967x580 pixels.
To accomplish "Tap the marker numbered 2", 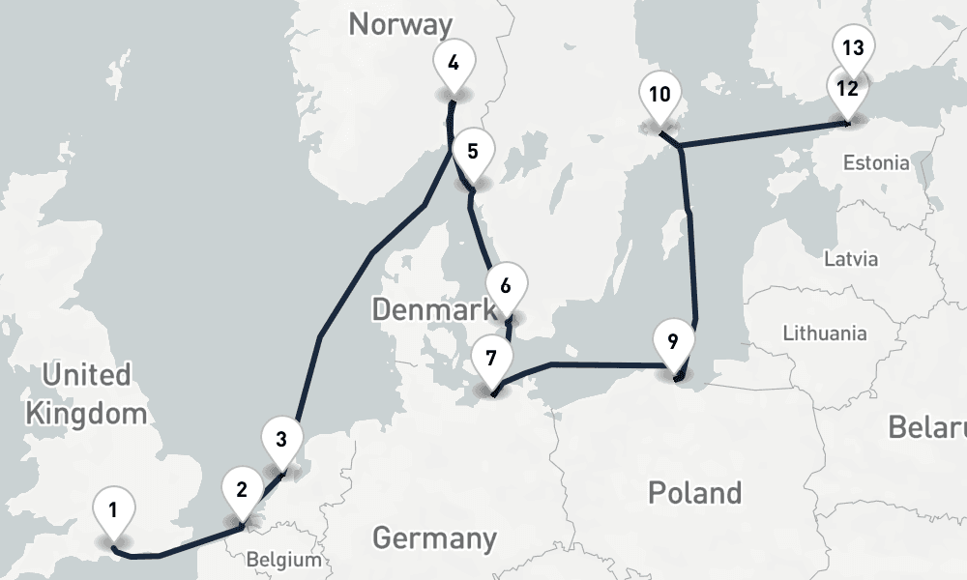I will click(x=242, y=490).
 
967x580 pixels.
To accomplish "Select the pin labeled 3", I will click(x=280, y=440).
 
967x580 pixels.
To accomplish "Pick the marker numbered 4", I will click(x=453, y=63).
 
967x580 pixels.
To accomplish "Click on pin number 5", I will click(x=473, y=152).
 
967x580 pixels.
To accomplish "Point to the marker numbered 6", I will click(x=506, y=286).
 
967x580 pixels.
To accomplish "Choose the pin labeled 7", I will click(x=491, y=359).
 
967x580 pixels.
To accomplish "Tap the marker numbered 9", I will click(x=673, y=341).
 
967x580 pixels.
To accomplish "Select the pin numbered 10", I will click(x=660, y=95).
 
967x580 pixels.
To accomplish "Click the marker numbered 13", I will click(x=853, y=47).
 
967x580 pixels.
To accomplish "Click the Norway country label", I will click(x=400, y=24).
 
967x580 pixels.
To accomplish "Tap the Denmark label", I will click(x=433, y=310).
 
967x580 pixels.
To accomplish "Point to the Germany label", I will click(x=434, y=537).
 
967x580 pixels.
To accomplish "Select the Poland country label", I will click(x=694, y=492).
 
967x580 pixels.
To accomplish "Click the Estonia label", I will click(x=876, y=162).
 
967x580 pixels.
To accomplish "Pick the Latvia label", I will click(x=851, y=259).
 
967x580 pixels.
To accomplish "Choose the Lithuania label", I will click(x=825, y=333).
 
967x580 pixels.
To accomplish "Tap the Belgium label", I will click(x=283, y=560).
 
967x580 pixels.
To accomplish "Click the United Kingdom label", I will click(x=86, y=394).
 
